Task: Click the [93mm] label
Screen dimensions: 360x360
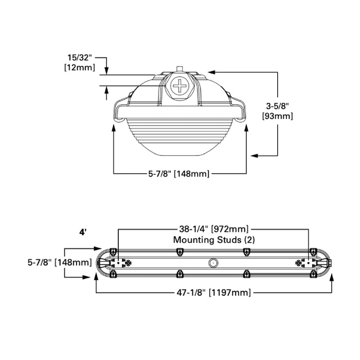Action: (x=277, y=116)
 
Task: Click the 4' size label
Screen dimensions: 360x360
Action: (x=83, y=232)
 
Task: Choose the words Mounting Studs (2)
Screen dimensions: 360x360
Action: (x=213, y=239)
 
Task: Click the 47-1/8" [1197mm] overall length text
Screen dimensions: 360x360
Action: (x=212, y=293)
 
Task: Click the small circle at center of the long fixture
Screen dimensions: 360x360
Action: (x=212, y=263)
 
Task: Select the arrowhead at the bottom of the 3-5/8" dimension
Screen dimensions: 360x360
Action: (x=253, y=154)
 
